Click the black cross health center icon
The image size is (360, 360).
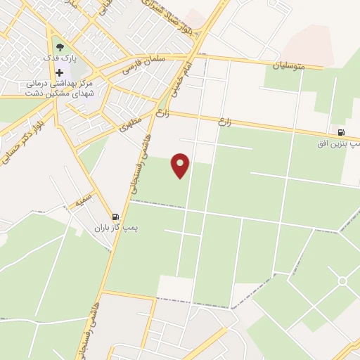[x=60, y=72]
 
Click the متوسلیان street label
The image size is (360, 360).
[x=290, y=65]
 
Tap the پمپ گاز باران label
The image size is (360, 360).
[x=117, y=229]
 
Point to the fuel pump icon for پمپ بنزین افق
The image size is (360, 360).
[x=341, y=131]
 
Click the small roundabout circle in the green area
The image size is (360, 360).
[x=342, y=281]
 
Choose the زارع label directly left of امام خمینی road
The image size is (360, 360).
[x=162, y=112]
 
